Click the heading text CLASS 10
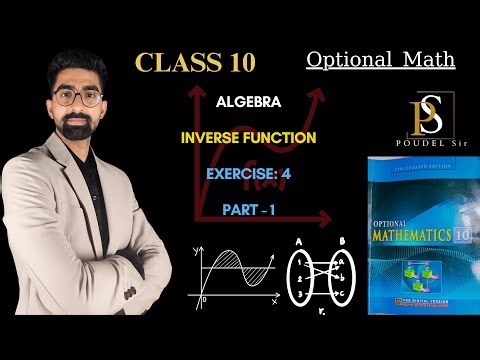click(196, 62)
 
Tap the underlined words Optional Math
click(380, 60)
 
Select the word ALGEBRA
click(246, 101)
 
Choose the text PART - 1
click(250, 211)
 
